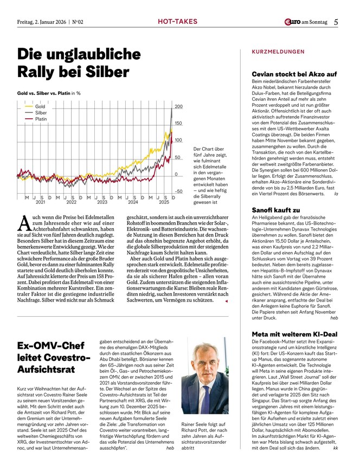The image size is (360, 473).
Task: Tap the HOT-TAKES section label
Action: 175,22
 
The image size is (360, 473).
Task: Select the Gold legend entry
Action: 40,106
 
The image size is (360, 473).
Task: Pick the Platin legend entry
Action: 41,118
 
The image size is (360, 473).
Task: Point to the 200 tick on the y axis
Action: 178,106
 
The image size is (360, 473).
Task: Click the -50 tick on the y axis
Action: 178,191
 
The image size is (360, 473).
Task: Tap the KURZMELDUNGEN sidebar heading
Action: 278,52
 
